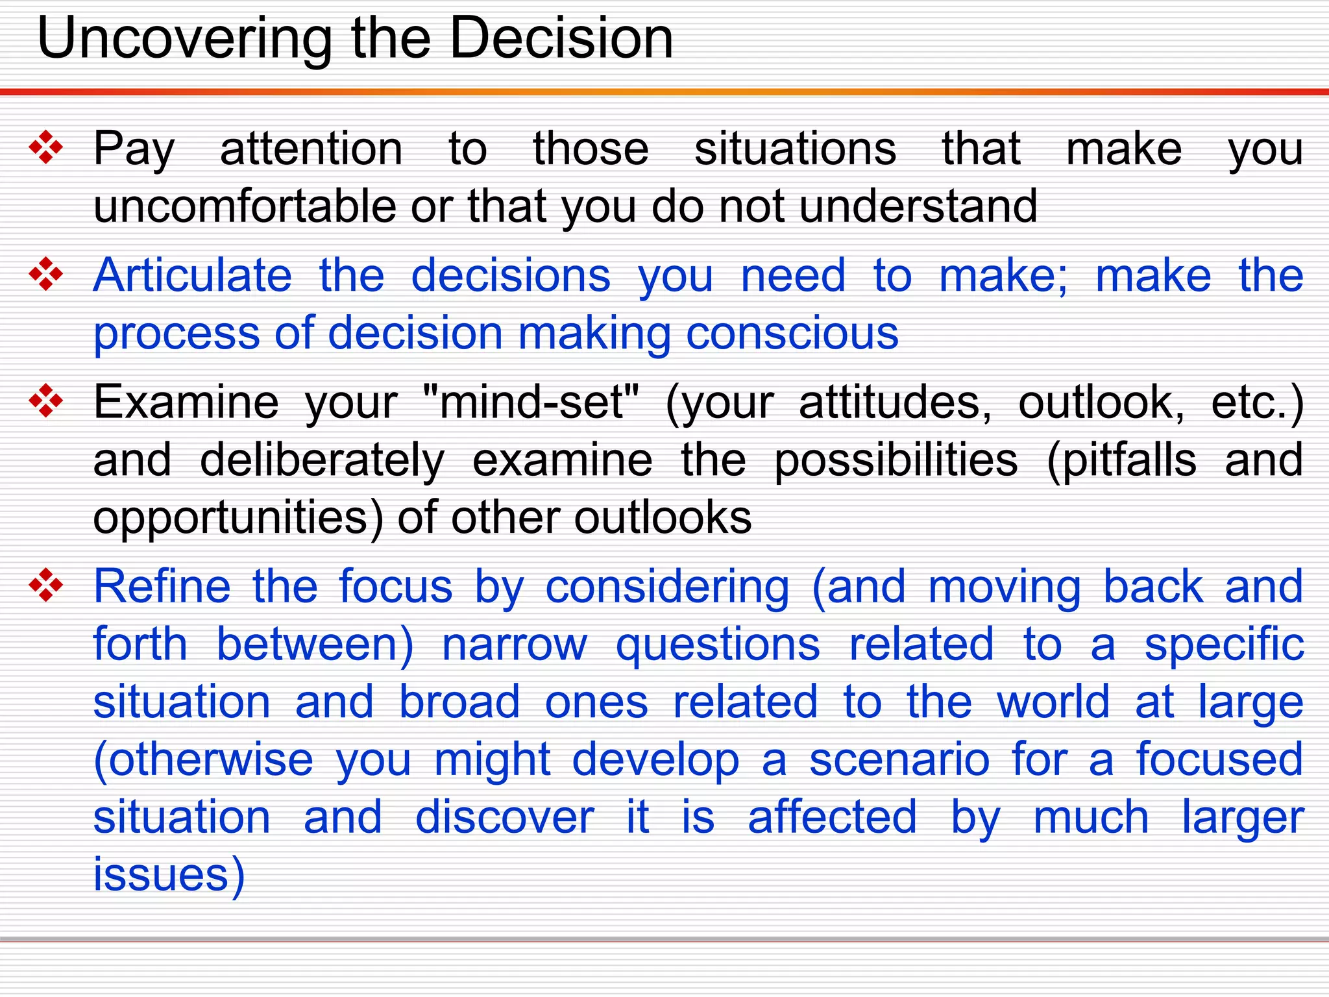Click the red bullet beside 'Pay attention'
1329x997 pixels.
click(x=46, y=147)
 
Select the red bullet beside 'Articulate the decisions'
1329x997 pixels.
click(x=46, y=275)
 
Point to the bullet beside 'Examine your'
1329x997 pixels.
click(x=46, y=401)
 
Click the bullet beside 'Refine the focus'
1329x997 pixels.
click(x=46, y=585)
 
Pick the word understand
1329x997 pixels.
click(x=918, y=206)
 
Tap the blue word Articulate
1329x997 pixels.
click(x=193, y=276)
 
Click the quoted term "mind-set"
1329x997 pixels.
click(x=530, y=402)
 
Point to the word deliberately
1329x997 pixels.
click(x=322, y=460)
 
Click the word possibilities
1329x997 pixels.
click(x=896, y=460)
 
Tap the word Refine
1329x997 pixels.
click(x=162, y=586)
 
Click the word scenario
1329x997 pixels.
click(x=899, y=759)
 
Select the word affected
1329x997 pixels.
click(x=832, y=817)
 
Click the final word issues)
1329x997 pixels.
click(x=169, y=875)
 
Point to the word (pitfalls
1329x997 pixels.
click(x=1121, y=460)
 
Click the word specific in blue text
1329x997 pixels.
click(x=1224, y=645)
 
